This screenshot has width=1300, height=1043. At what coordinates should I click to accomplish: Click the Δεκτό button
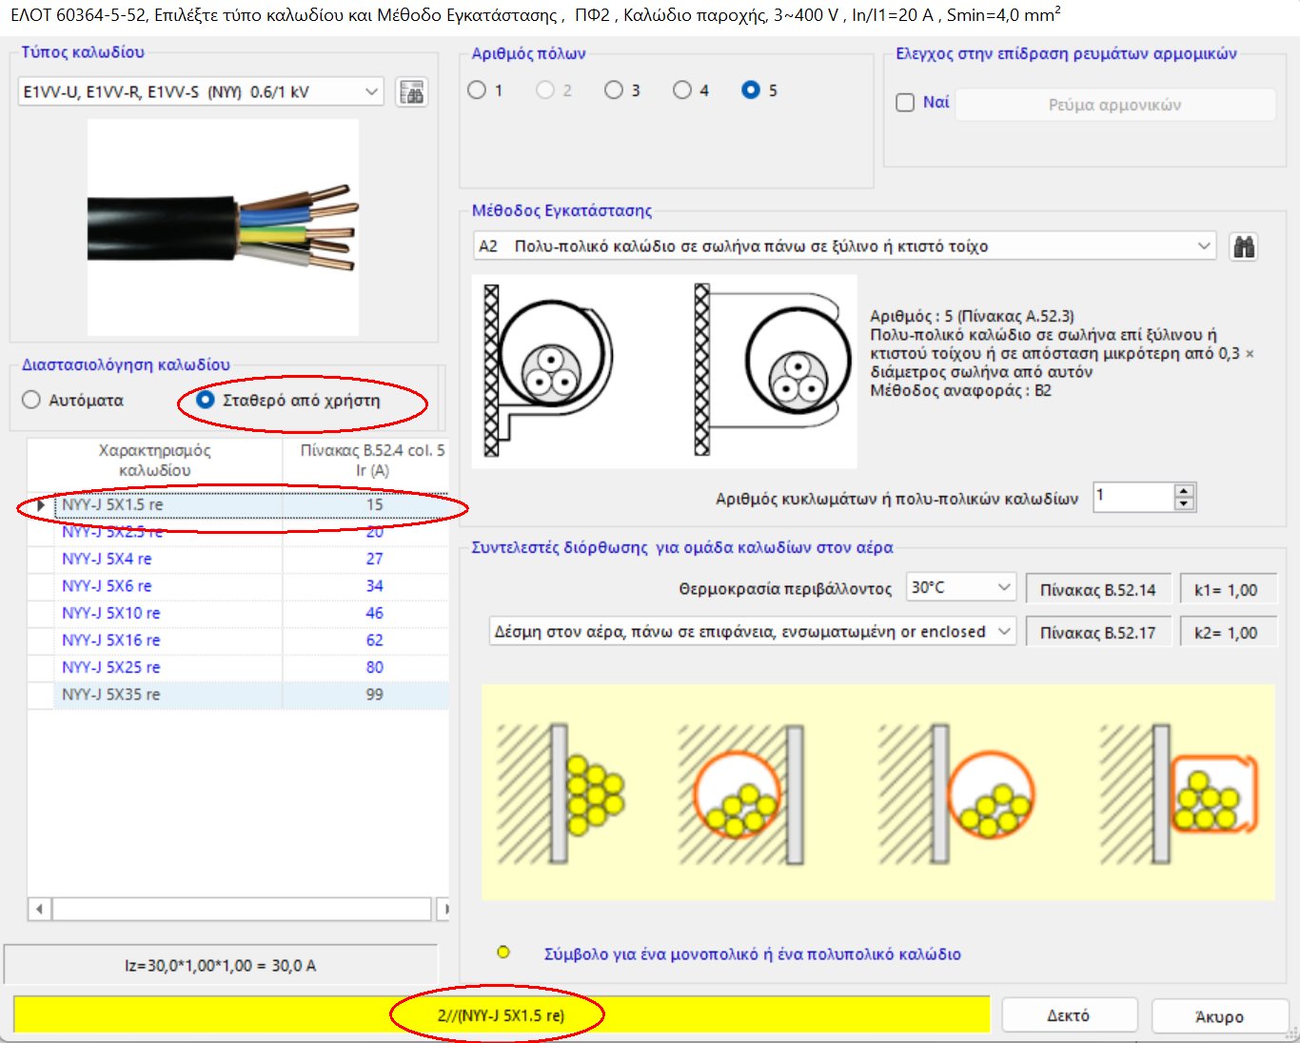pos(1069,1015)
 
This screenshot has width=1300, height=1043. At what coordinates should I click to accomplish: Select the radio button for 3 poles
pos(614,90)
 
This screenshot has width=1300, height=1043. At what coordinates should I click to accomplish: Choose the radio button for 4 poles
pos(682,90)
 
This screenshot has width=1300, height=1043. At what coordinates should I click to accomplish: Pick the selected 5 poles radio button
pos(751,90)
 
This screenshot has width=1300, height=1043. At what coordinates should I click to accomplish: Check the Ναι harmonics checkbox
pos(906,103)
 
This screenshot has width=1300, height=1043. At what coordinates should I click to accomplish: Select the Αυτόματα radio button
pos(31,400)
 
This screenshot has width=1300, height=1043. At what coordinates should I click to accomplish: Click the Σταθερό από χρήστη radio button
pos(205,400)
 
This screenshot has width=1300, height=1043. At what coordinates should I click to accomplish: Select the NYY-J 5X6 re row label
pos(107,586)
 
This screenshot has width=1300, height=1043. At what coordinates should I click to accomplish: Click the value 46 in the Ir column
pos(375,613)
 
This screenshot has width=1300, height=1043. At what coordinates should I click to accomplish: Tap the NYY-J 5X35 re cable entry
pos(111,695)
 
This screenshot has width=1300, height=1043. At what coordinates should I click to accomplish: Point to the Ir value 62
pos(375,640)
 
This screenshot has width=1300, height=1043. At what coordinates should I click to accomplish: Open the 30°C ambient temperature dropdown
pos(960,588)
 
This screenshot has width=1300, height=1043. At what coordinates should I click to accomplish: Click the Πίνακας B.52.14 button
pos(1097,590)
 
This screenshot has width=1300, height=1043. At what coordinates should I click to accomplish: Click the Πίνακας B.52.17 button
pos(1097,633)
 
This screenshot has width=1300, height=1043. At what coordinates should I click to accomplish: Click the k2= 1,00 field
pos(1226,633)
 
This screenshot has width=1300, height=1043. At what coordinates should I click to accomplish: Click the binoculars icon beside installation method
pos(1244,247)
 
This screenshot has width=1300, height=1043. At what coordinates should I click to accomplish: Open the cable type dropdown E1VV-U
pos(201,92)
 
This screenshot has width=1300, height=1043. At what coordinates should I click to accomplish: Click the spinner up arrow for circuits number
pos(1184,491)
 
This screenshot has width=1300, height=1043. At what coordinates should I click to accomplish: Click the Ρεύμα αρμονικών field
pos(1114,105)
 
